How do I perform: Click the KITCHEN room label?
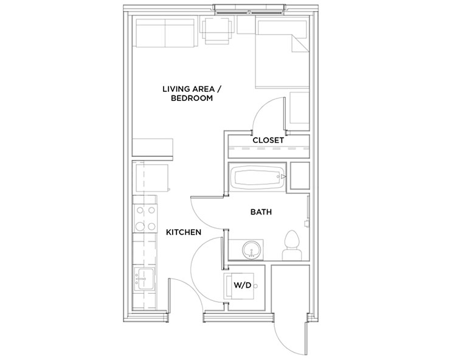pos(184,232)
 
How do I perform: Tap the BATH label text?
pos(261,212)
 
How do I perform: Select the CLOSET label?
pos(268,140)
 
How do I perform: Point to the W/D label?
pos(243,285)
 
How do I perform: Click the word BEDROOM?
pos(192,98)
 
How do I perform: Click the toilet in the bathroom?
pos(292,246)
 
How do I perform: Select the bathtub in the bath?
pos(257,177)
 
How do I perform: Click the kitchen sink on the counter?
pos(145,279)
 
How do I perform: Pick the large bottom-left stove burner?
pos(140,226)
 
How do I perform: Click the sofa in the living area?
pos(165,33)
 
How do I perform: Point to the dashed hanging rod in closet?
pos(269,149)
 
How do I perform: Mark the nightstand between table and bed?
pos(246,25)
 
